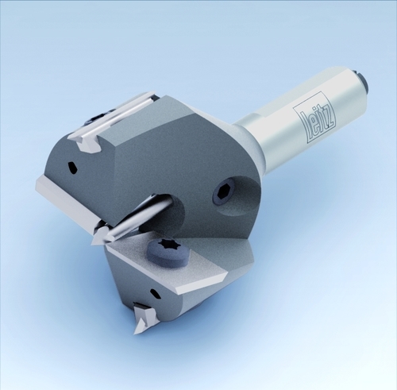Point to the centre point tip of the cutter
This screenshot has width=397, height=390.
pyautogui.click(x=93, y=243)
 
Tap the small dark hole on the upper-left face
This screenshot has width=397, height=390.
pyautogui.click(x=72, y=167)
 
